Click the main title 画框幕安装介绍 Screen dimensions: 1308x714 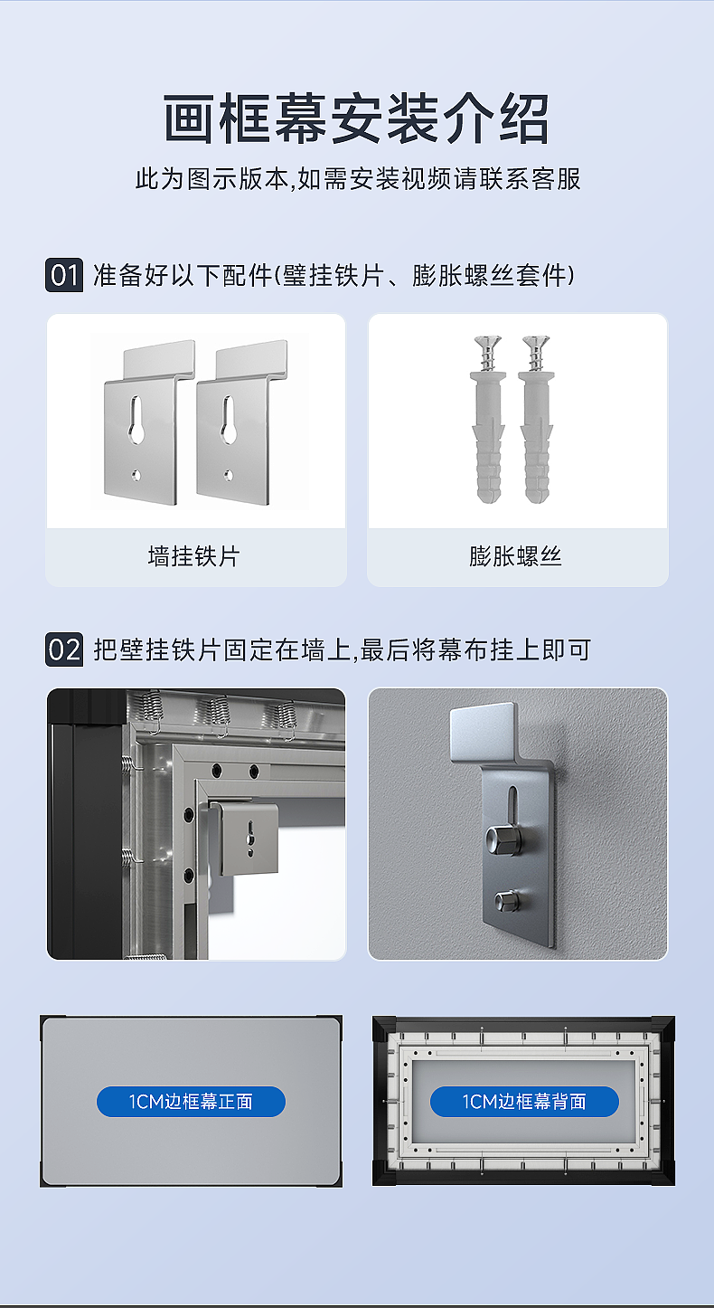(x=356, y=119)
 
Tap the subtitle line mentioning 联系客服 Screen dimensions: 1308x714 (x=356, y=179)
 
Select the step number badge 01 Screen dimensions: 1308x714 (x=64, y=275)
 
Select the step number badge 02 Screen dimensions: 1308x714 (x=64, y=649)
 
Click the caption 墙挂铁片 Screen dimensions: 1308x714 (x=194, y=555)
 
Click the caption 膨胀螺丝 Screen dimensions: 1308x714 (x=516, y=555)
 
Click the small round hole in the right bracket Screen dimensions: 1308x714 (x=229, y=474)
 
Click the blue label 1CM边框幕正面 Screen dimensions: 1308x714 (x=191, y=1102)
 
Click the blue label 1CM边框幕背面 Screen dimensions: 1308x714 (x=524, y=1102)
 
